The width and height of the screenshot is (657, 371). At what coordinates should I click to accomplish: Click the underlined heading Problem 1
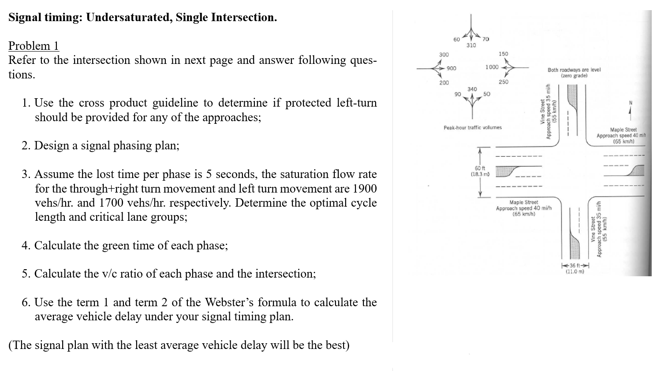coord(34,46)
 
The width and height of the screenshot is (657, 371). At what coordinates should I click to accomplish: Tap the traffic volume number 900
coord(452,68)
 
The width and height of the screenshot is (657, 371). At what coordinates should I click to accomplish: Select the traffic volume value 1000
coord(492,67)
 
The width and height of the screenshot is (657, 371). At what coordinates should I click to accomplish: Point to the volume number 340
coord(472,89)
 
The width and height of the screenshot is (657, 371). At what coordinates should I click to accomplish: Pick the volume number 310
coord(471,45)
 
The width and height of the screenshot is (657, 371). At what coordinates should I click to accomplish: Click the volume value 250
coord(503,82)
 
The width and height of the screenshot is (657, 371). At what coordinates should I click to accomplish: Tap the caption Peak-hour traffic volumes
coord(472,127)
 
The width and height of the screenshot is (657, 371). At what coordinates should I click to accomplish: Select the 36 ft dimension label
coord(575,265)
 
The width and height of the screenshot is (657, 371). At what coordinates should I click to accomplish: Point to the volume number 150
coord(503,54)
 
